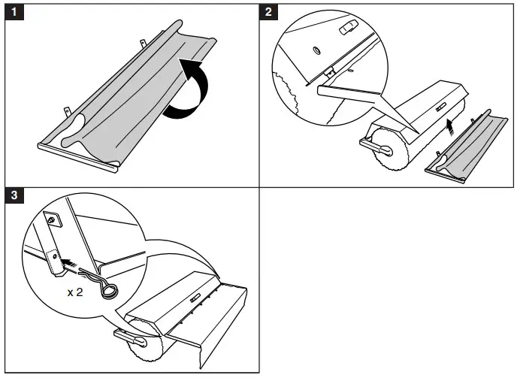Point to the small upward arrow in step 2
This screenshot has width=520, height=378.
pos(450,123)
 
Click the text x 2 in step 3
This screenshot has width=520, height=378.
pos(75,292)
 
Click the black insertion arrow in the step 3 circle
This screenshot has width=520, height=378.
pos(71,263)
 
